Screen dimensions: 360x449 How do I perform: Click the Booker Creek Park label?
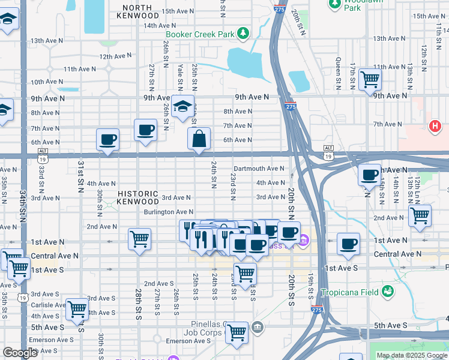(200, 34)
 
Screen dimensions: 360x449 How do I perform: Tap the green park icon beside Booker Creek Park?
(243, 34)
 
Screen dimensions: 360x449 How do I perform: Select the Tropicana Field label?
(351, 292)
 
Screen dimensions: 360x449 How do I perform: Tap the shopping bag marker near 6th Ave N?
(199, 139)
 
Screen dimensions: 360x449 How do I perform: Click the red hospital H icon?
(435, 126)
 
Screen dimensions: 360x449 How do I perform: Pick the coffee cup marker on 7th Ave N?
(145, 130)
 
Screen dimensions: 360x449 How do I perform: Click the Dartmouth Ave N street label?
(259, 169)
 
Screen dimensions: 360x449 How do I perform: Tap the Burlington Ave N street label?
(168, 212)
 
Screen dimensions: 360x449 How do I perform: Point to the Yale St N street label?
(181, 76)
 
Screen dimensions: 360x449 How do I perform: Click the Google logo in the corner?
(20, 353)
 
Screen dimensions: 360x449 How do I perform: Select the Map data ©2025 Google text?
(412, 355)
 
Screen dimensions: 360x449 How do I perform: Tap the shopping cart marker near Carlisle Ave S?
(77, 309)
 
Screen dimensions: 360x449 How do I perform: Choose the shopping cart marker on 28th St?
(139, 239)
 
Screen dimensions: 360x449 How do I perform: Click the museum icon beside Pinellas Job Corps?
(258, 326)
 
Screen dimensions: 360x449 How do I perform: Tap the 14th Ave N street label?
(159, 26)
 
